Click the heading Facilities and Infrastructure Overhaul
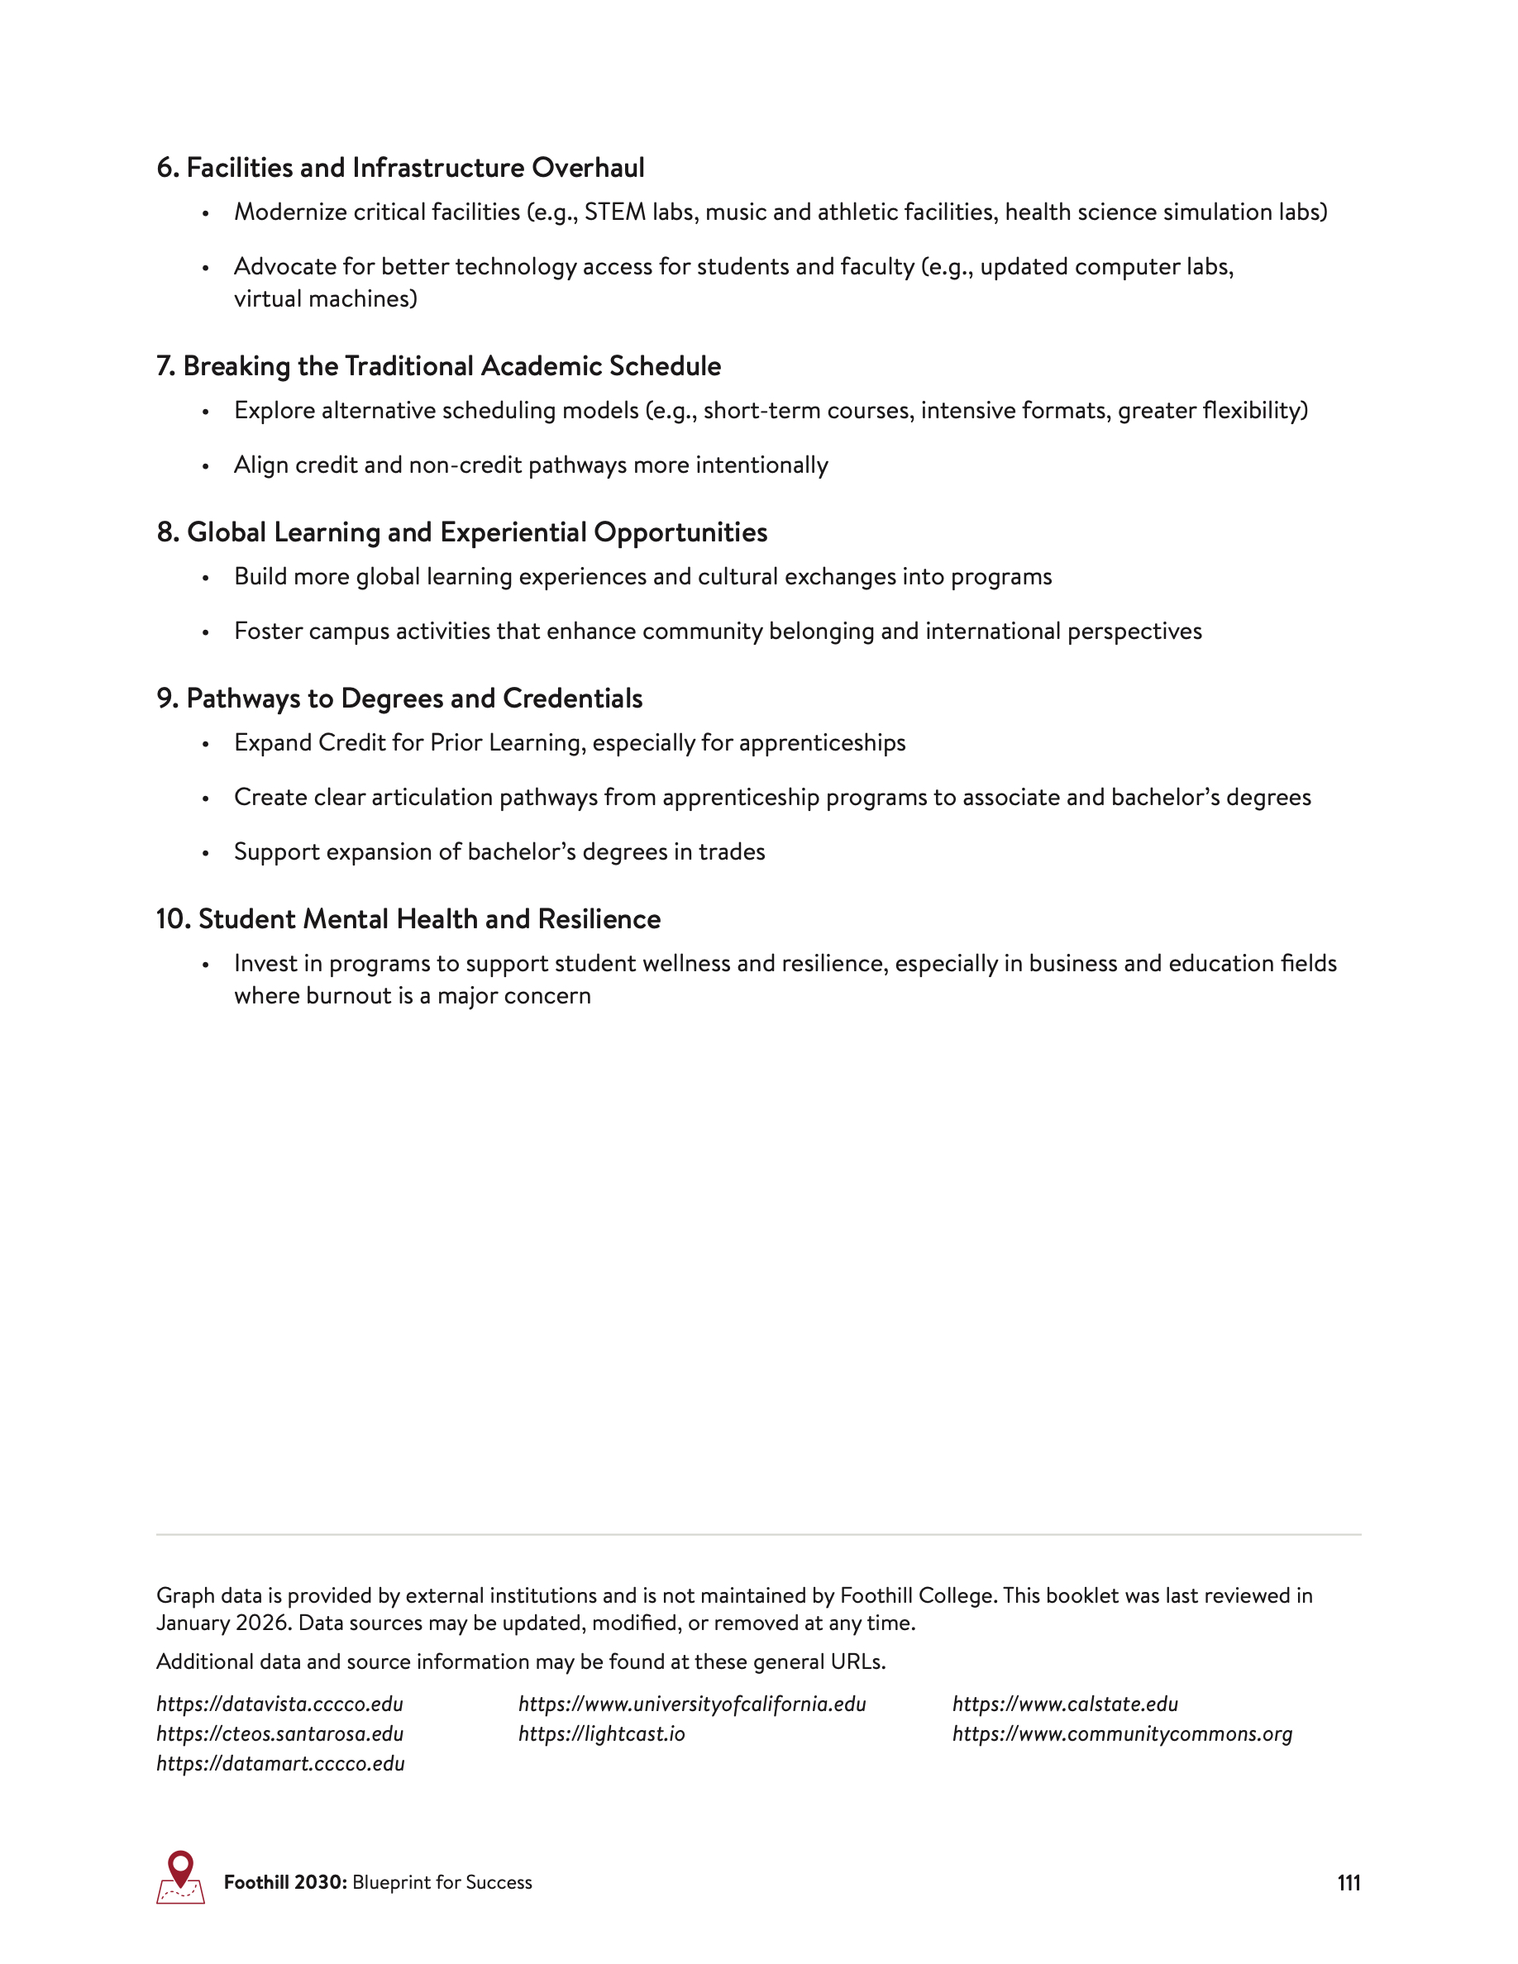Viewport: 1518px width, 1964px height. (400, 167)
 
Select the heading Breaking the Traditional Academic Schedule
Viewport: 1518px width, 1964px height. (438, 366)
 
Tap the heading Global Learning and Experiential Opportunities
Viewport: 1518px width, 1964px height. (461, 532)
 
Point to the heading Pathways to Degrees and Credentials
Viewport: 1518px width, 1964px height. (399, 698)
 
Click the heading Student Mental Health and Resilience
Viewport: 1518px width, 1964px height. (408, 919)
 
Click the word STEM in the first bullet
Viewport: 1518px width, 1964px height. (614, 212)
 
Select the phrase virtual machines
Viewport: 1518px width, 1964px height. (325, 298)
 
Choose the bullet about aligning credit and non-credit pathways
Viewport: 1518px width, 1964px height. (531, 465)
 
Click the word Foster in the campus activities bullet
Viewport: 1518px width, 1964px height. (268, 632)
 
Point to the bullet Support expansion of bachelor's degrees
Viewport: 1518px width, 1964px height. (499, 851)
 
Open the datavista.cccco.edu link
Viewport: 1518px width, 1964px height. (279, 1704)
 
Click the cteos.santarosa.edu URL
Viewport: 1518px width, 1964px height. (279, 1733)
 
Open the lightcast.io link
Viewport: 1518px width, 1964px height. (601, 1733)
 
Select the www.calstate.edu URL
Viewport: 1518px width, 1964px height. (1065, 1704)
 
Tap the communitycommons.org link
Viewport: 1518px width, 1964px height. (1121, 1733)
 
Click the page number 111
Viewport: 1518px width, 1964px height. (1348, 1883)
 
